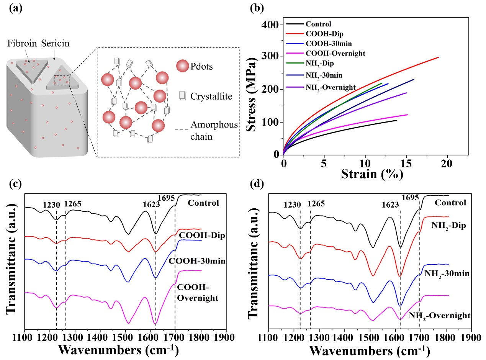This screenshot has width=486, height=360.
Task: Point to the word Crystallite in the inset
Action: (x=211, y=97)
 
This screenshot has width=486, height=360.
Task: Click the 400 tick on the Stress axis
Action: (x=271, y=25)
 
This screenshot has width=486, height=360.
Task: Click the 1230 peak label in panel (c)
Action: (x=52, y=205)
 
